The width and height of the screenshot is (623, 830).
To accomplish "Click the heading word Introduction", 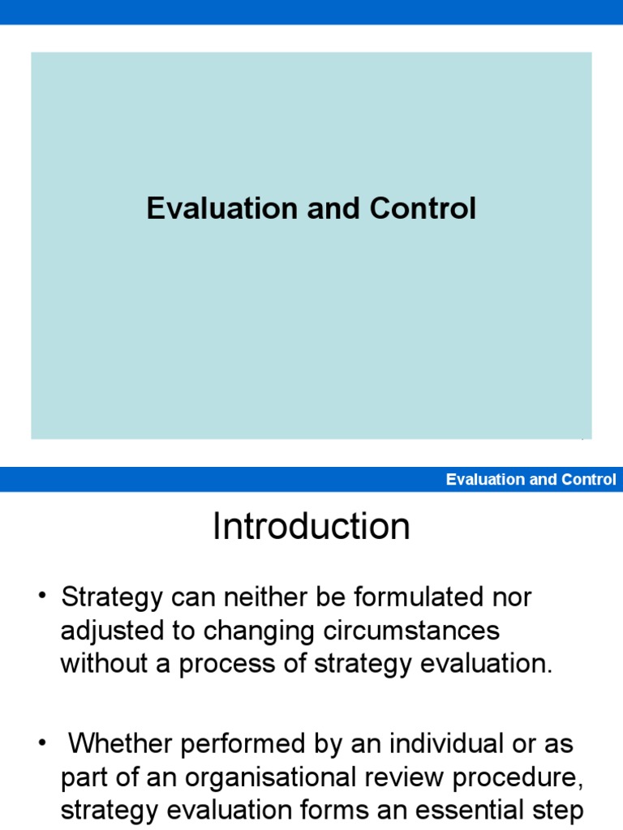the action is (x=311, y=526).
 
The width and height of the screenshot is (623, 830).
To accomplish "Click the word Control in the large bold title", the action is (x=423, y=208).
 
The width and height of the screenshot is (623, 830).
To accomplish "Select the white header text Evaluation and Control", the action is (x=531, y=480).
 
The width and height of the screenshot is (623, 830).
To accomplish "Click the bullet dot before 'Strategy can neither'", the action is (x=42, y=596).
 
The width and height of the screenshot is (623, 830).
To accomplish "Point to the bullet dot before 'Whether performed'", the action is (x=42, y=742).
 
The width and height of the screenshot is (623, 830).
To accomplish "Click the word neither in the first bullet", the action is (x=266, y=597).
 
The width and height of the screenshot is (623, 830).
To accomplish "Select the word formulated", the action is (x=419, y=597).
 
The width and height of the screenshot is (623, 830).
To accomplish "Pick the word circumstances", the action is (x=411, y=631).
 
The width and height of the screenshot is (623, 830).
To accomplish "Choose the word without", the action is (x=104, y=663).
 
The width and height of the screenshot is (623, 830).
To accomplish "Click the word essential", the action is (x=464, y=810).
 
